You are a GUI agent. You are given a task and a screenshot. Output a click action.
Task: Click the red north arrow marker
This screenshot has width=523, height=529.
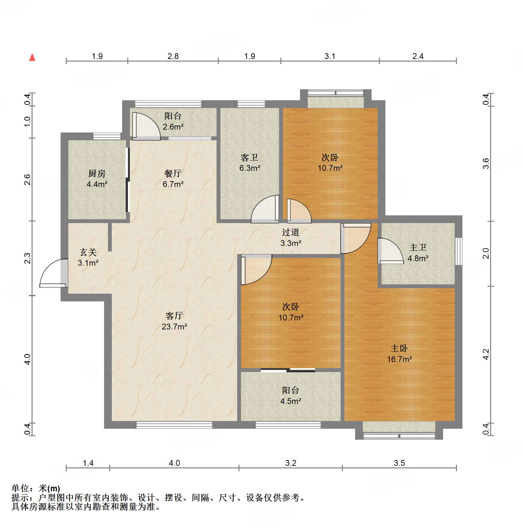[x=32, y=57]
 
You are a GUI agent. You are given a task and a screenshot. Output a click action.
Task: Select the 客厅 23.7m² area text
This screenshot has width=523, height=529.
[x=174, y=321]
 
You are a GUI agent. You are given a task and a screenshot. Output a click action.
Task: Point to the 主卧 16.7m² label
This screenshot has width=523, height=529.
[x=399, y=354]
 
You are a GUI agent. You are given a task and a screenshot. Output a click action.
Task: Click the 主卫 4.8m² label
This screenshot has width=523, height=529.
[x=418, y=253]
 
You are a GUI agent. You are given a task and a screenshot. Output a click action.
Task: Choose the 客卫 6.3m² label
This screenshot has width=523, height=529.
[x=250, y=162]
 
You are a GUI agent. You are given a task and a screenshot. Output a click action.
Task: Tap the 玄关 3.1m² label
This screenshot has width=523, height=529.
[x=88, y=257]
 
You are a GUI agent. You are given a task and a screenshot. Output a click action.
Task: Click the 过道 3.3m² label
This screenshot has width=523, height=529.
[x=291, y=238]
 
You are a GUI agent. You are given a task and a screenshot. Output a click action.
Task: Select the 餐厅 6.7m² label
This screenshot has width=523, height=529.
[x=173, y=179]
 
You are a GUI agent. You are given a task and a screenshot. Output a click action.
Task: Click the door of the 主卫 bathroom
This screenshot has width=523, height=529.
[x=390, y=251]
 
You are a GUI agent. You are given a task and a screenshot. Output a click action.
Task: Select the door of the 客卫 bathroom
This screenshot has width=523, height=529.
[x=265, y=209]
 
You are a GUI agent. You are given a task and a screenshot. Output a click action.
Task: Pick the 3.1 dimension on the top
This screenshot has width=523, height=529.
[x=330, y=56]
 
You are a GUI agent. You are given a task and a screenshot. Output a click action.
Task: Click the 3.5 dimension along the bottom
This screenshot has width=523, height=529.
[x=399, y=463]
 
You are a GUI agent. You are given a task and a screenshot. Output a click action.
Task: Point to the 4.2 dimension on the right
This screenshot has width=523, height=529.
[x=486, y=354]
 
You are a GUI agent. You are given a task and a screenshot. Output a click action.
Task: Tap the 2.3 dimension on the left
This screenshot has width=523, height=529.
[x=28, y=258]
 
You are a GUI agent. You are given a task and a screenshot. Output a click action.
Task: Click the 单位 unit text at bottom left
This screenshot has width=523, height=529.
[x=20, y=488]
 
